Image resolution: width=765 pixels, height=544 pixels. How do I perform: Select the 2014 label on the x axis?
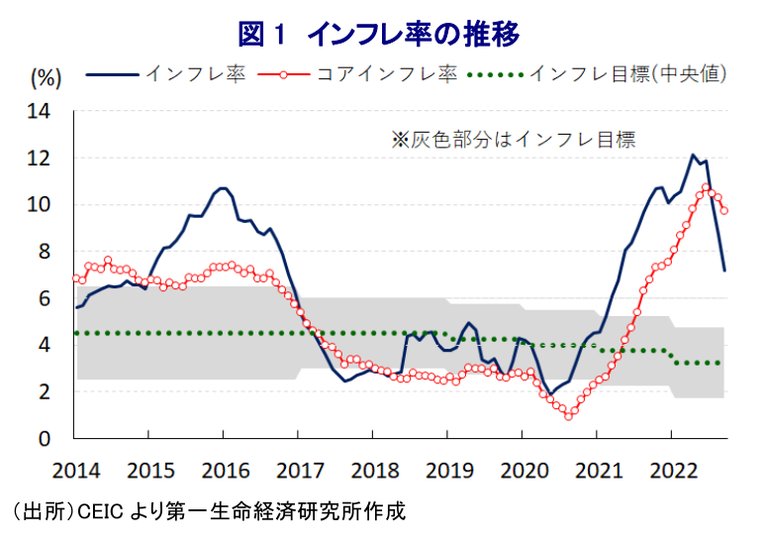74,468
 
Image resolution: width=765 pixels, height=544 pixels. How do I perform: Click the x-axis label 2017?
298,468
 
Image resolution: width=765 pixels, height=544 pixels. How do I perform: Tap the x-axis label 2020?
522,468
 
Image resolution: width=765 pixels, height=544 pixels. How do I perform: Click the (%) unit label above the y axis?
48,76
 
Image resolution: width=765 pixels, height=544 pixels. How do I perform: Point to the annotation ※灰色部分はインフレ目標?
513,140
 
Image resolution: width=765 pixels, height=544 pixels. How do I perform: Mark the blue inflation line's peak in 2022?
694,156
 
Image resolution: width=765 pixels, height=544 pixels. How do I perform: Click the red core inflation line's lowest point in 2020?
568,416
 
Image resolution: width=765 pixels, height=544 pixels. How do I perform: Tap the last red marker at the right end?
724,210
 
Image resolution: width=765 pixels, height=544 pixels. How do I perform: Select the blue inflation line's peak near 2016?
223,187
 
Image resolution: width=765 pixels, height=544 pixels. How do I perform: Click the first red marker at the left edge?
76,277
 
